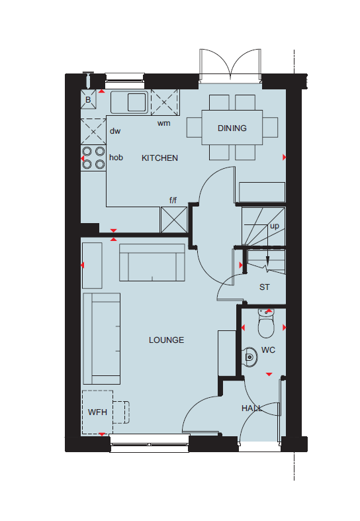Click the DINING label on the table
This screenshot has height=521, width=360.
(232, 128)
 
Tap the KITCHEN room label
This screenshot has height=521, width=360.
(159, 158)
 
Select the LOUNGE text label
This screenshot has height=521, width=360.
(166, 340)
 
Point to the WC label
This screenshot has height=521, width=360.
(268, 350)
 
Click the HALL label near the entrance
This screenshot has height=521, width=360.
(251, 408)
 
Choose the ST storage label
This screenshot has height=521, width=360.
(265, 287)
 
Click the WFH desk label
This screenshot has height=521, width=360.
(97, 412)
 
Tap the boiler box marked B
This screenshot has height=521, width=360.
(88, 99)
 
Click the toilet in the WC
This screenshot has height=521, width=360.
(266, 323)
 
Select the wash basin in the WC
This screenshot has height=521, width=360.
(249, 357)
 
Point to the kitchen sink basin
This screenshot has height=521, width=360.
(137, 102)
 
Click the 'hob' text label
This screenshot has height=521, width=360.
(116, 158)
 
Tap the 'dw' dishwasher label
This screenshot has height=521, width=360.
(115, 131)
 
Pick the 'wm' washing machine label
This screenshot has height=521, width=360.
(163, 123)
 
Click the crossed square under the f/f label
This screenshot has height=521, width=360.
(174, 220)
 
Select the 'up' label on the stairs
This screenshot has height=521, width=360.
(275, 226)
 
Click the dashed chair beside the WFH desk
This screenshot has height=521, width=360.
(121, 412)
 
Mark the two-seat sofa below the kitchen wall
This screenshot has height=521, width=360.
(152, 263)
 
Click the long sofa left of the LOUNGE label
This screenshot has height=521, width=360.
(102, 338)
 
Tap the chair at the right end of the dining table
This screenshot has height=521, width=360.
(270, 127)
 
